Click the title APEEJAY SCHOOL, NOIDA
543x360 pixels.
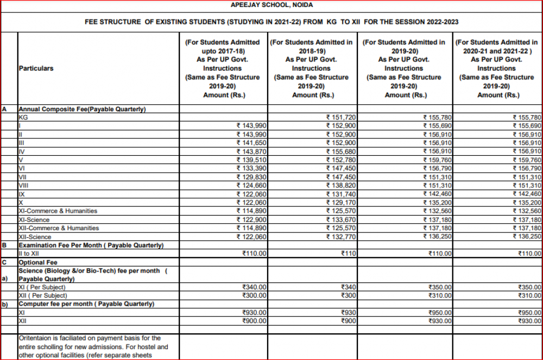tap(271, 5)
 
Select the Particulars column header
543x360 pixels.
tap(36, 68)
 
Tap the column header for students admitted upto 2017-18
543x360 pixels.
tap(223, 68)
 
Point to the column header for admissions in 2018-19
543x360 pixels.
tap(312, 68)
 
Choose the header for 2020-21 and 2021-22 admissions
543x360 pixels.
tap(496, 68)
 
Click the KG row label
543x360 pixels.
tap(23, 117)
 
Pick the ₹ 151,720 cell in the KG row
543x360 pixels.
tap(340, 117)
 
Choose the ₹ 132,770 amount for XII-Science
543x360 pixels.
tap(340, 237)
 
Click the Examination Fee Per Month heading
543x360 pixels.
tap(91, 245)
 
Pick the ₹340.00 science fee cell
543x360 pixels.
tap(254, 287)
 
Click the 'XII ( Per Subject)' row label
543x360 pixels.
tap(43, 295)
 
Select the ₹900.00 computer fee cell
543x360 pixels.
tap(254, 321)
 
